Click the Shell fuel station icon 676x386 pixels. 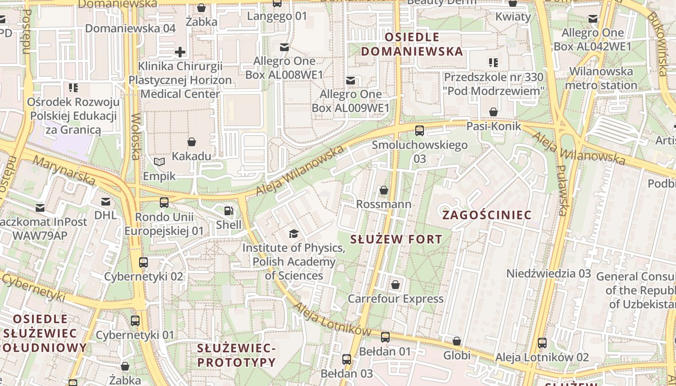(x=228, y=211)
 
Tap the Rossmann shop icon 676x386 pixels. (x=384, y=191)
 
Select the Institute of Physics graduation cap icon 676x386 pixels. (x=293, y=234)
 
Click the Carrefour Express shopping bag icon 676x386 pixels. (x=395, y=285)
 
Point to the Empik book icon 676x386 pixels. (x=159, y=162)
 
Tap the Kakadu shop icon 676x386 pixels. (x=192, y=142)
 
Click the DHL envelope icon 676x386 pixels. (x=106, y=202)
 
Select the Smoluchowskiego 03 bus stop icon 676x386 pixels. (x=420, y=131)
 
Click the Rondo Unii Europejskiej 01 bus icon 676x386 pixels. (x=164, y=203)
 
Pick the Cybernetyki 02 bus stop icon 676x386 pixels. (x=143, y=263)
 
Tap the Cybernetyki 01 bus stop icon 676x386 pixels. (x=135, y=321)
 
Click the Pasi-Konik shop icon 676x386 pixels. (x=493, y=112)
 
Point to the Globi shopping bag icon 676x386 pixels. (x=457, y=342)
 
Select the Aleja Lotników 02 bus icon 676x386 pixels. (x=542, y=343)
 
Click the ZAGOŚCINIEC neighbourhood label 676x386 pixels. (x=487, y=215)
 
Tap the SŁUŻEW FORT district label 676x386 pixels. (x=396, y=239)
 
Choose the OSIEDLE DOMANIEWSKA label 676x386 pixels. (x=412, y=44)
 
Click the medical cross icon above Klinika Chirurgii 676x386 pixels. (x=180, y=52)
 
